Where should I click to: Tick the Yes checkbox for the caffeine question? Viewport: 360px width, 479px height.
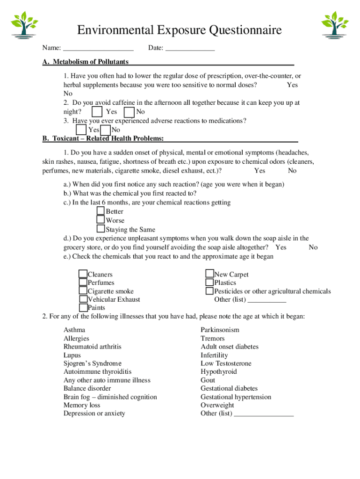click(x=97, y=112)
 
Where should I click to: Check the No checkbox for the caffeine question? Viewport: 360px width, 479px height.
click(x=129, y=112)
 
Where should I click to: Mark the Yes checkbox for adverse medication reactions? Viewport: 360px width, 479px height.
click(x=81, y=130)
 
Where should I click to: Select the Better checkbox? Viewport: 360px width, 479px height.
click(x=101, y=211)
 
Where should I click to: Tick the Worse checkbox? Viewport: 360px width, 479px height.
click(x=101, y=220)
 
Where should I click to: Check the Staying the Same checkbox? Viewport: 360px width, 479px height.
click(x=101, y=229)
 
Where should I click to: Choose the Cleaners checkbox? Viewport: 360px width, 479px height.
click(x=83, y=274)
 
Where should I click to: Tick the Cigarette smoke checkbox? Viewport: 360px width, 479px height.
click(x=83, y=291)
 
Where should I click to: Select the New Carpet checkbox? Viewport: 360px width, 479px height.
click(x=209, y=274)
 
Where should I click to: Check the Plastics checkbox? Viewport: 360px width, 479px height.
click(x=209, y=283)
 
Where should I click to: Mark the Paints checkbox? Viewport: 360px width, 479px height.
click(x=83, y=308)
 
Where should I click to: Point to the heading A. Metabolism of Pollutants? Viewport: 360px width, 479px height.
click(x=86, y=62)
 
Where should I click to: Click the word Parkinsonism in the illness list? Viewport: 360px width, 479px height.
click(x=220, y=330)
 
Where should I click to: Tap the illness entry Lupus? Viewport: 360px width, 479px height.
click(x=72, y=355)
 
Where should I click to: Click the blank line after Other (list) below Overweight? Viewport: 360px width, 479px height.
click(x=264, y=414)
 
